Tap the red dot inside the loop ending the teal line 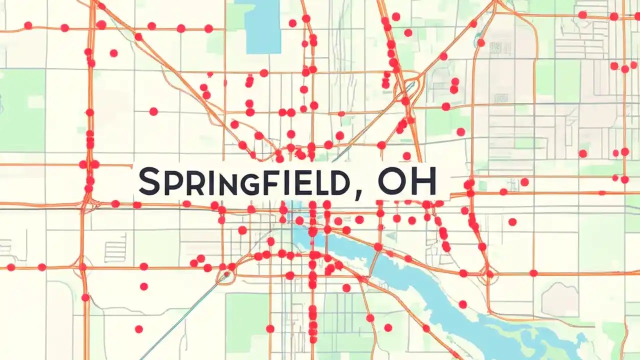227,274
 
